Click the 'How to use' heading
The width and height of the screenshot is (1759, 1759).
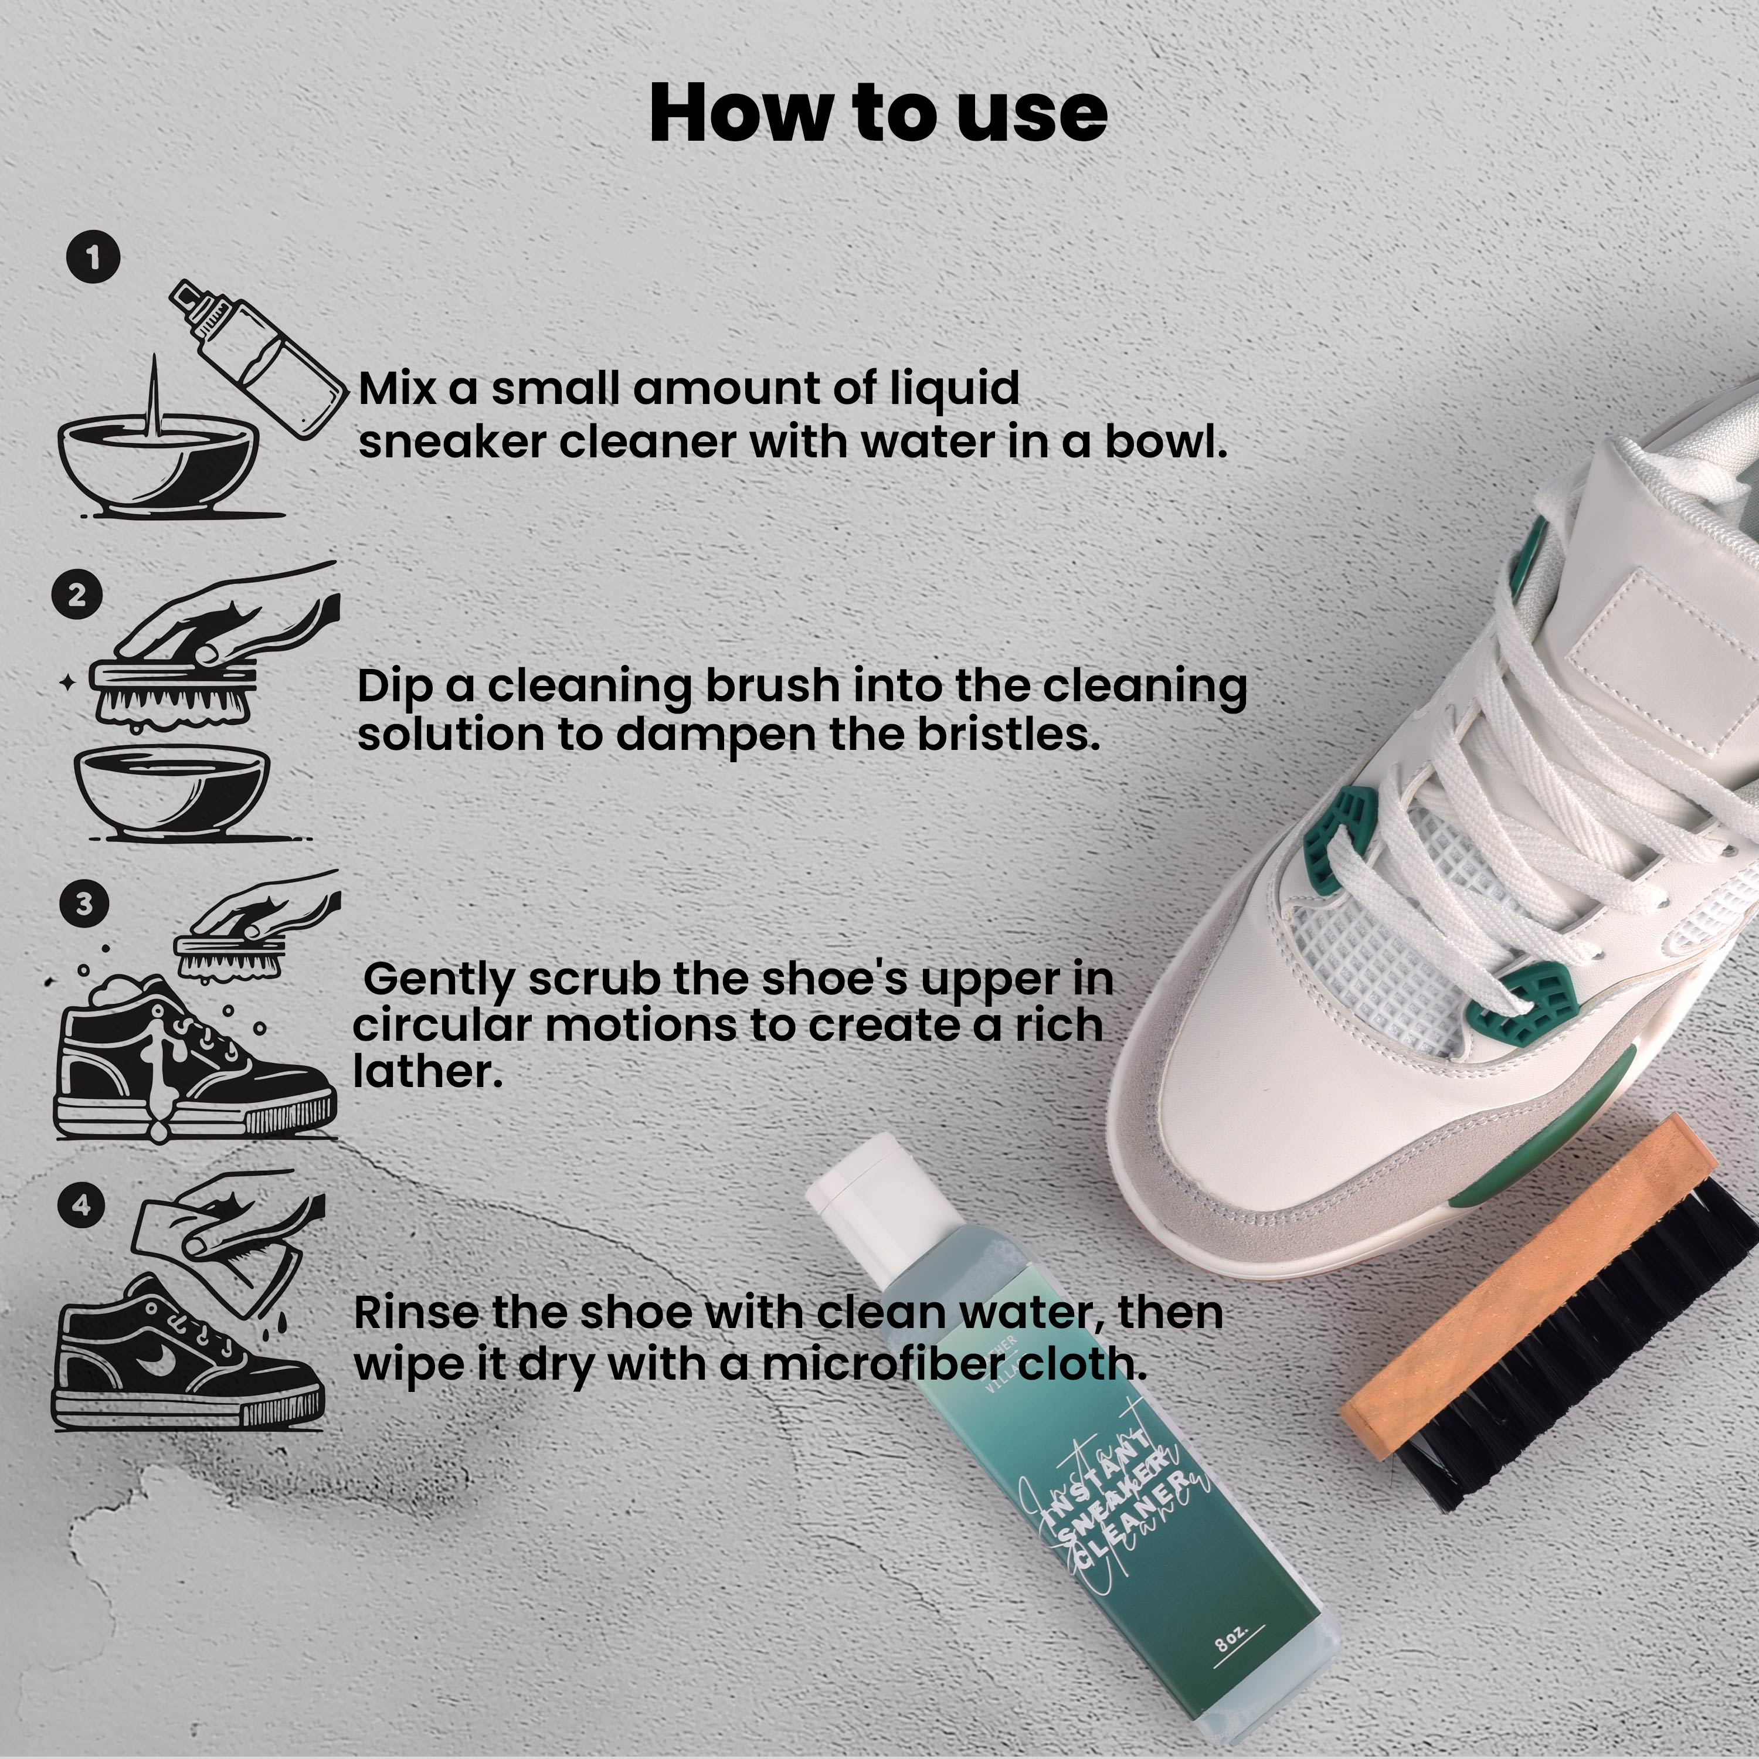(878, 113)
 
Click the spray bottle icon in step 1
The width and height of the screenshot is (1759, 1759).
(260, 359)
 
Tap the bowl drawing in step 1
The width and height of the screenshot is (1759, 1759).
(159, 464)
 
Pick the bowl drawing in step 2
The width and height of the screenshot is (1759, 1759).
(171, 787)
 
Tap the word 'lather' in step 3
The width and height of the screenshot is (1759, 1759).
(427, 1072)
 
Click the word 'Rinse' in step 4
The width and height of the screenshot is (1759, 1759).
(415, 1312)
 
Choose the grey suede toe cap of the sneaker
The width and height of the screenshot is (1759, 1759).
(1293, 1174)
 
